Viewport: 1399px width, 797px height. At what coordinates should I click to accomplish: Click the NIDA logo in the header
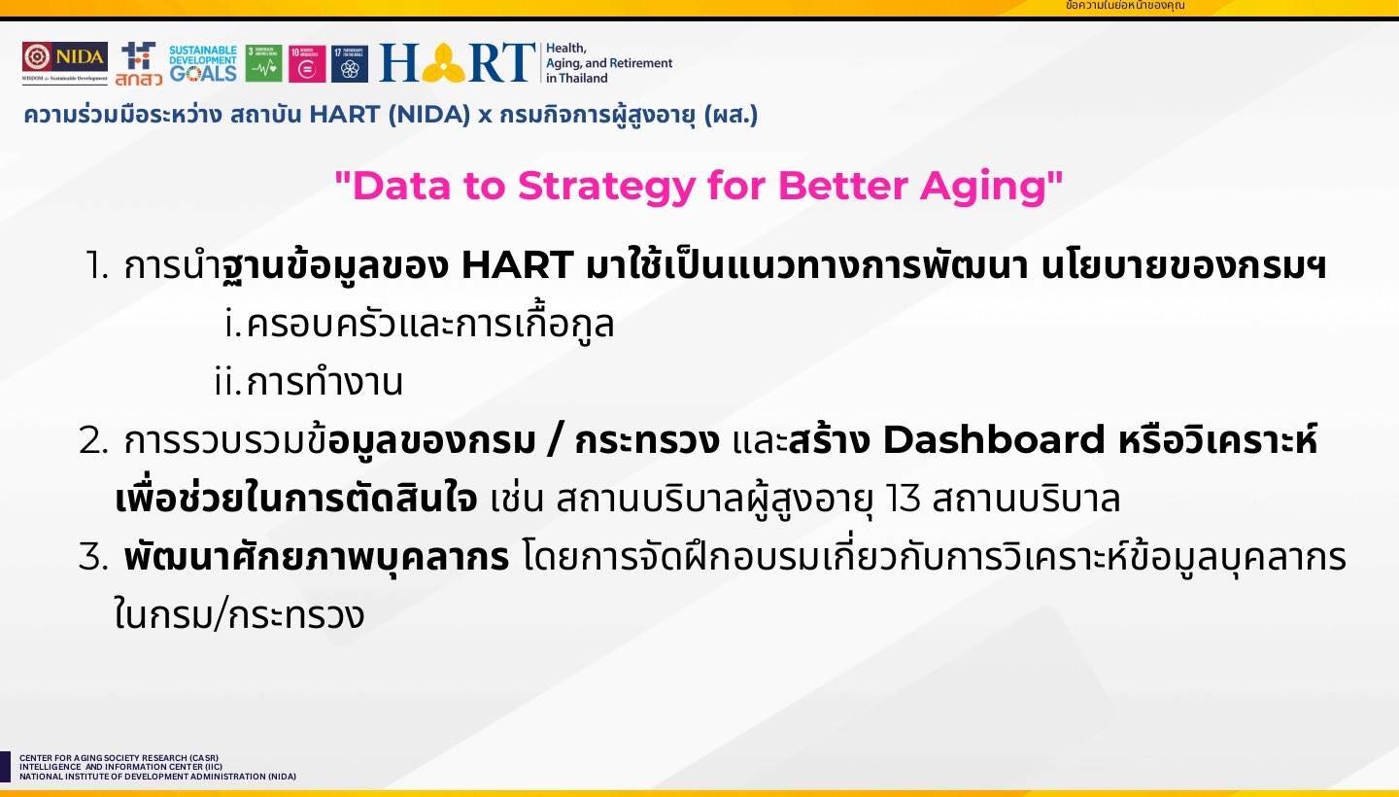click(65, 63)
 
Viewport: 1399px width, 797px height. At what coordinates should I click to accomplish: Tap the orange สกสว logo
click(138, 64)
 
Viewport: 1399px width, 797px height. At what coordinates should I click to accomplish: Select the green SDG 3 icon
click(263, 63)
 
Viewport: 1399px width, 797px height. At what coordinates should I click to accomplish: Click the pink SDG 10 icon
click(307, 63)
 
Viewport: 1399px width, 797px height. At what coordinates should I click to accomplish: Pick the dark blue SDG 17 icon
click(350, 63)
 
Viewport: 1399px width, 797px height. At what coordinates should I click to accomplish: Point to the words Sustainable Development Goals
click(202, 62)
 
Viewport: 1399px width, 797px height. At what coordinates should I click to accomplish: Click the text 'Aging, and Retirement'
click(609, 63)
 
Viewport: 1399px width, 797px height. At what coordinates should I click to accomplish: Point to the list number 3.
click(91, 558)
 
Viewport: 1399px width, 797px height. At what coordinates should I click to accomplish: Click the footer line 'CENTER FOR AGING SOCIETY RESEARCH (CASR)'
click(119, 758)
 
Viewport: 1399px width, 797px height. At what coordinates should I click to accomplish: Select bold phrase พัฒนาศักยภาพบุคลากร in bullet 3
click(317, 558)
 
